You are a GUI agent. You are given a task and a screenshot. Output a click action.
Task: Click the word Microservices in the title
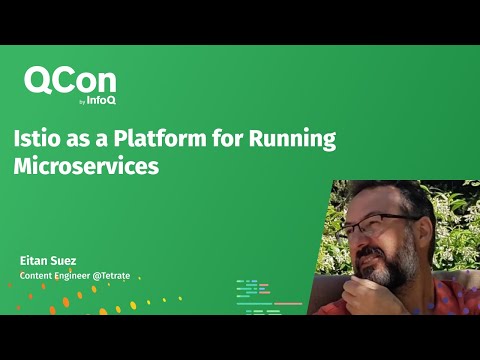pyautogui.click(x=87, y=167)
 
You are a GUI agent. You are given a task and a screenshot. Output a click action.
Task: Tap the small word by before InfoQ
pyautogui.click(x=81, y=102)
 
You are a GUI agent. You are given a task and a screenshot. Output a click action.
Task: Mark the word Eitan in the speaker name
pyautogui.click(x=32, y=260)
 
